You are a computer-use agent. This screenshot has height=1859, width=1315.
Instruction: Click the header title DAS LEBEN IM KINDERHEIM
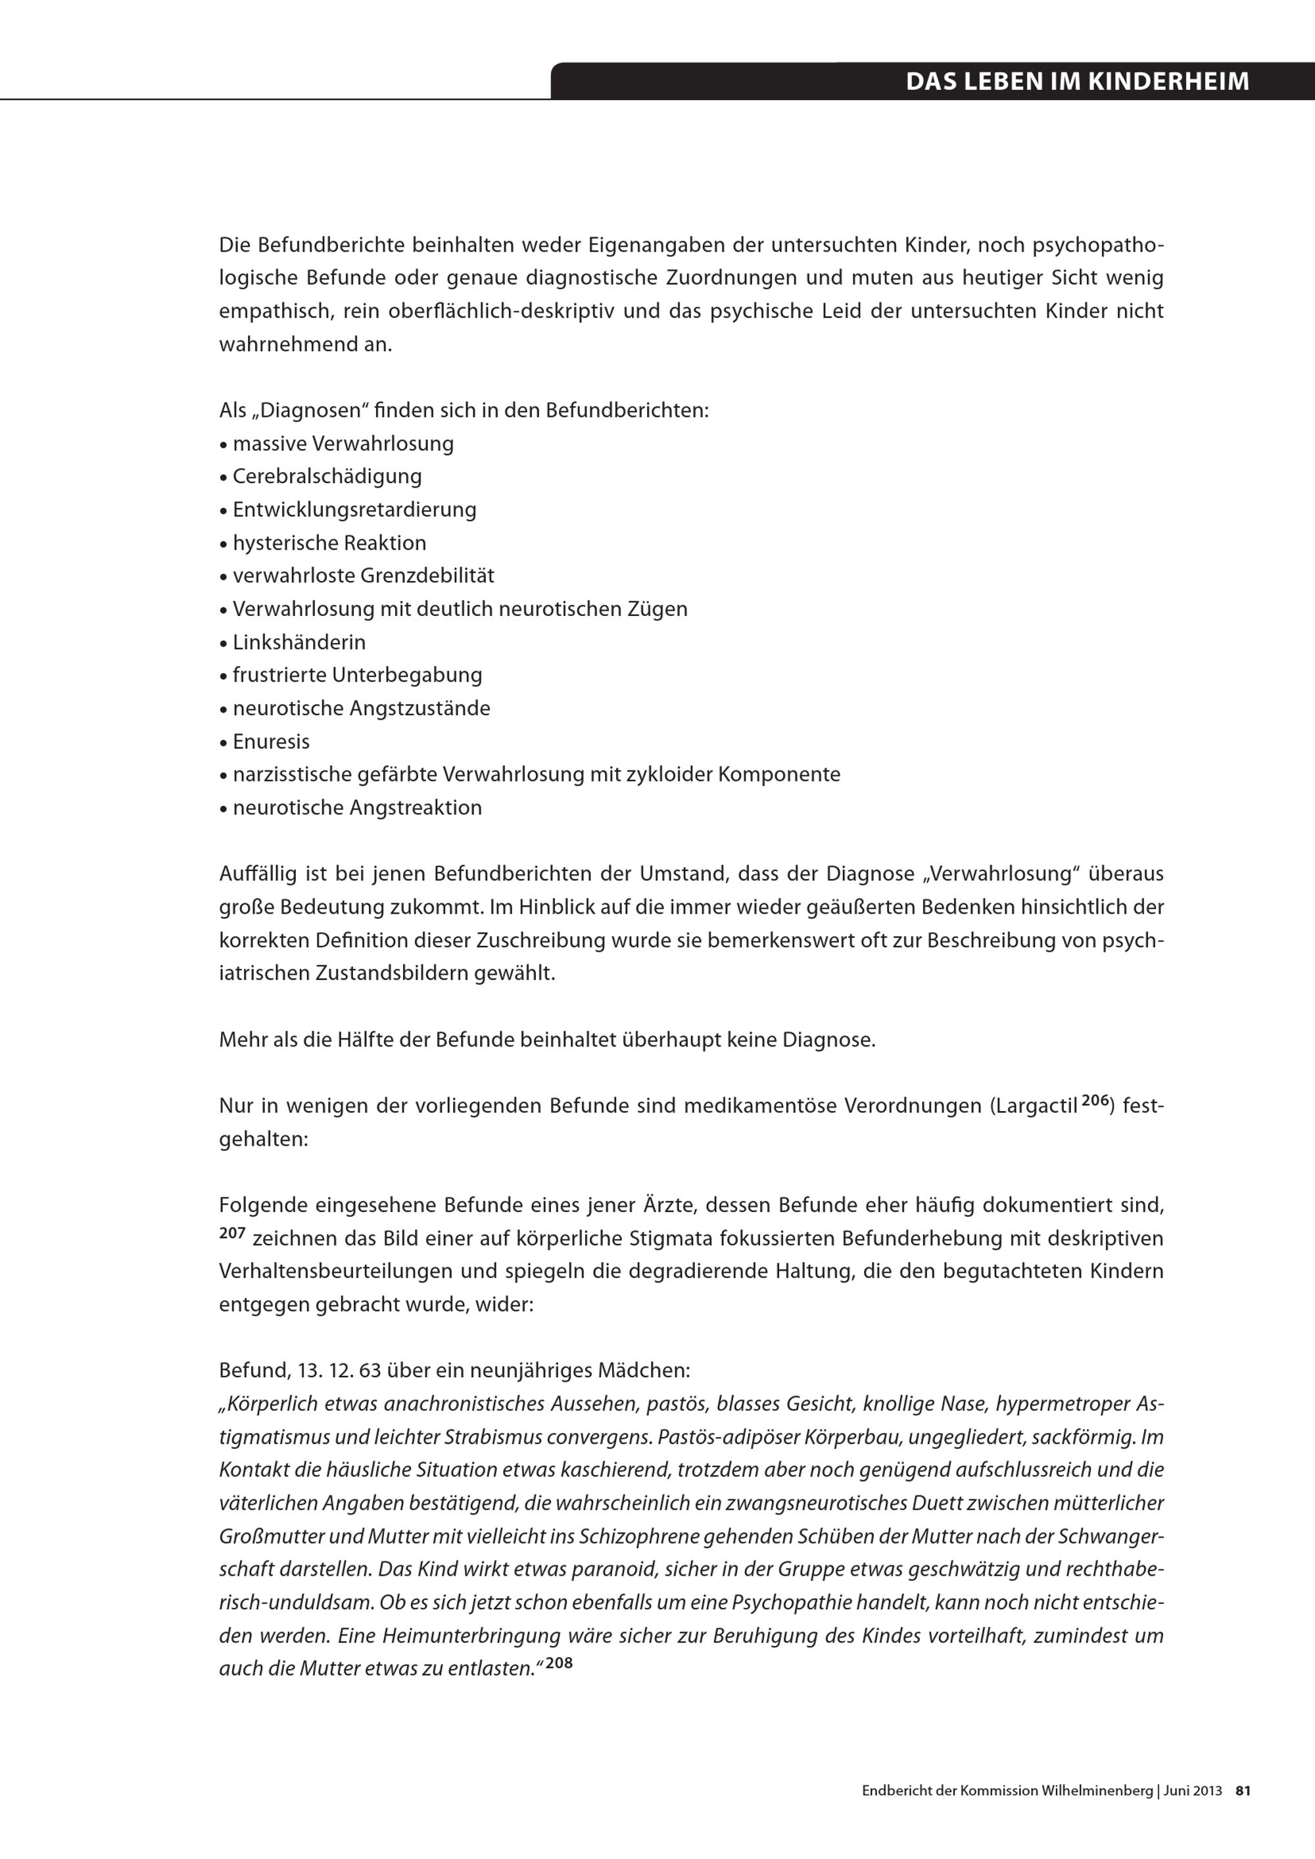[1077, 81]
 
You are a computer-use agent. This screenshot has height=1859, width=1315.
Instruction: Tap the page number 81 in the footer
[1243, 1791]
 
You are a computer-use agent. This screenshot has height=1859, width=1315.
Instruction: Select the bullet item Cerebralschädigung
[327, 476]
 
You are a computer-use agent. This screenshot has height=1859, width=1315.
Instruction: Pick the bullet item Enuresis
[272, 741]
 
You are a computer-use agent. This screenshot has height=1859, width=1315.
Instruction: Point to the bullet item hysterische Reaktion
[329, 542]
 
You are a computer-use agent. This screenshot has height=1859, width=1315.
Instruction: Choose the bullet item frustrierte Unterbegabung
[357, 675]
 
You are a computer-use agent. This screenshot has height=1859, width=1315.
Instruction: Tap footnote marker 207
[231, 1233]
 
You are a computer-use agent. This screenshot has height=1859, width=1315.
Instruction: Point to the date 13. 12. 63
[339, 1371]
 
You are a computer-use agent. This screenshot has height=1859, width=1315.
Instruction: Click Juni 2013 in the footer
[1193, 1791]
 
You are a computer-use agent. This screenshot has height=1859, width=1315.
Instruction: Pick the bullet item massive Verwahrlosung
[343, 444]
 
